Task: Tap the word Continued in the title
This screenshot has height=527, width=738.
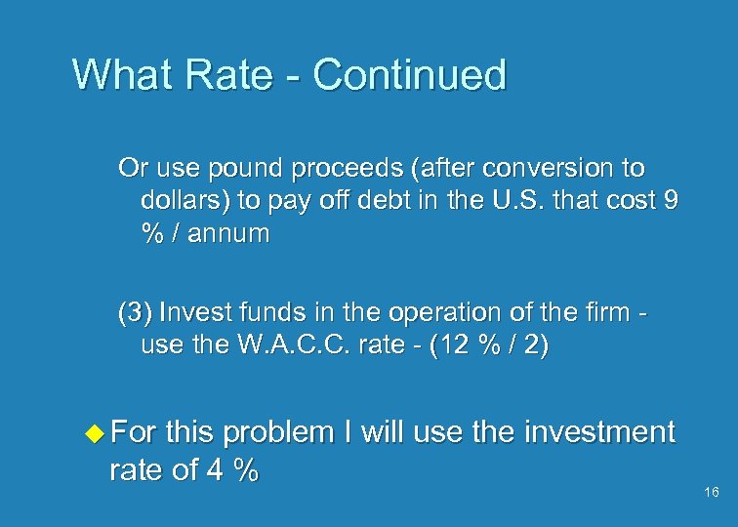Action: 411,75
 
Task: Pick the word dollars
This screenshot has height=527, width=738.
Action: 181,202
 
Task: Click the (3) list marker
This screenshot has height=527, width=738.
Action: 135,313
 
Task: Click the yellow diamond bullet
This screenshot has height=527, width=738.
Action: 94,431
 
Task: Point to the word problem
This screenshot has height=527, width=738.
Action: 315,431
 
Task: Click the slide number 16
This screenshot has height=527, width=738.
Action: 711,492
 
